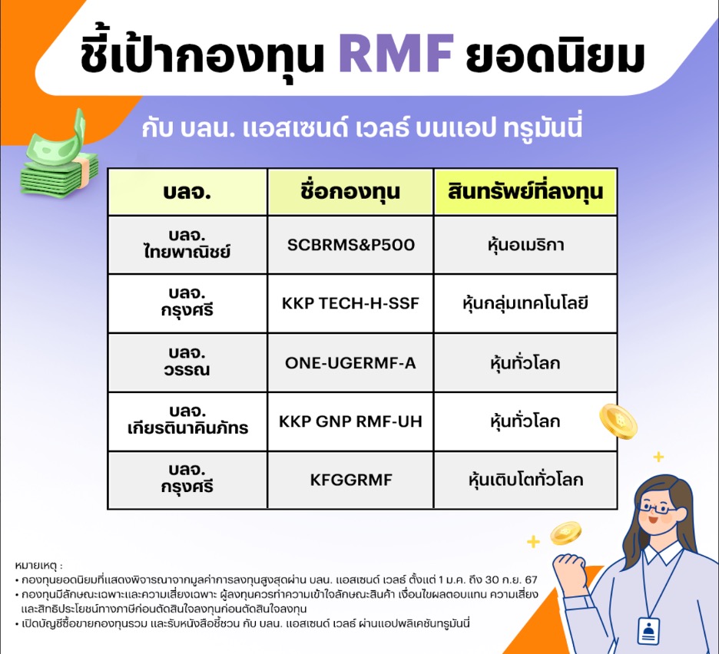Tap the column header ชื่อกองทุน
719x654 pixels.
pos(350,192)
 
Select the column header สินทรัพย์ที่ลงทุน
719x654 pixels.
pos(525,192)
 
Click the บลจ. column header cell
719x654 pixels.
pos(187,192)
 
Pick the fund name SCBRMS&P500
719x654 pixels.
pos(350,245)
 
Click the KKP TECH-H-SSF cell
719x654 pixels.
pos(350,303)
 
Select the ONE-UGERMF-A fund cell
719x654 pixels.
pos(350,362)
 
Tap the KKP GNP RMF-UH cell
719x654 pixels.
pos(350,421)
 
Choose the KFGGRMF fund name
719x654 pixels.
pos(350,481)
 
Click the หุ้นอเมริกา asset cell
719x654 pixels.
pos(525,245)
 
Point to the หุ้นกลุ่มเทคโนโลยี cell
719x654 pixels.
pos(525,303)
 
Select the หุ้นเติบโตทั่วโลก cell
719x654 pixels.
pos(525,481)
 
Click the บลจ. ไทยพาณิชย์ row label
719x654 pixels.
pos(187,245)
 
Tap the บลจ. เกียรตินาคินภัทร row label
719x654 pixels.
pos(187,421)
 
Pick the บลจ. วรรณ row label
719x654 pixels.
pos(187,362)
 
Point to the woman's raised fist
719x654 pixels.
pos(570,569)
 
